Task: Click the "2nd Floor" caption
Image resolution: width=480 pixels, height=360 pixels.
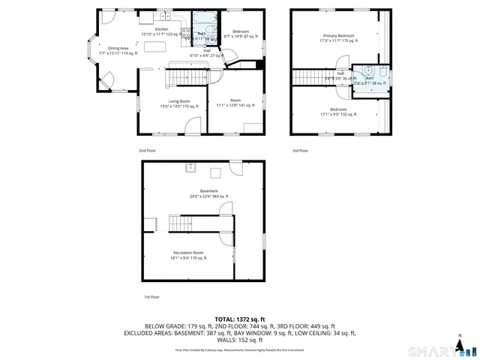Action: pyautogui.click(x=147, y=151)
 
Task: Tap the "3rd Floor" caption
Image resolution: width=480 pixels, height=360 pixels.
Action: pyautogui.click(x=299, y=151)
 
